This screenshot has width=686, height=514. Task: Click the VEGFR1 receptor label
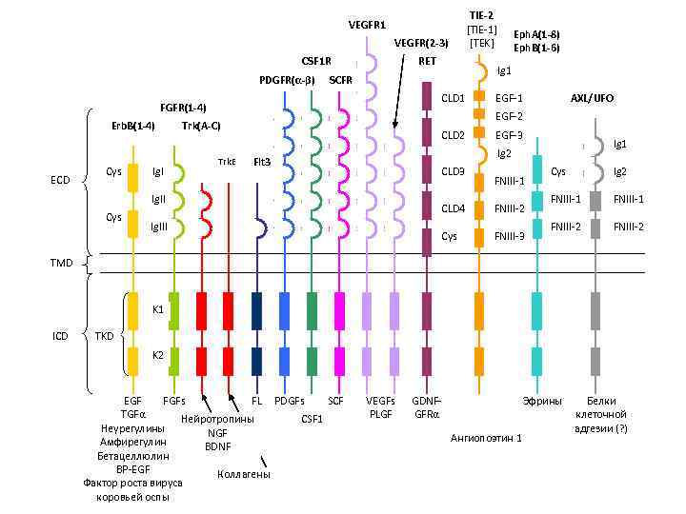click(367, 24)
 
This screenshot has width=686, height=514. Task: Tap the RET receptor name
click(427, 60)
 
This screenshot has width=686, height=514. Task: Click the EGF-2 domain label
click(510, 116)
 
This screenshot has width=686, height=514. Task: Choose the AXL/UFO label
click(592, 98)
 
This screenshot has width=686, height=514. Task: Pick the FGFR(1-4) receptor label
click(184, 107)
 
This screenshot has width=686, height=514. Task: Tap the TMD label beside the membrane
click(61, 263)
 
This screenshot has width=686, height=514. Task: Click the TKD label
click(105, 335)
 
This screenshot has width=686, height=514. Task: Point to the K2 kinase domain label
click(158, 355)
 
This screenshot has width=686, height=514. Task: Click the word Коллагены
click(244, 473)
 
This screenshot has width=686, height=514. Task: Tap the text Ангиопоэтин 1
click(486, 439)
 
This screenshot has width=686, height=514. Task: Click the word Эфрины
click(544, 402)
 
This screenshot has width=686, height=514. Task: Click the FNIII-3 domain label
click(510, 235)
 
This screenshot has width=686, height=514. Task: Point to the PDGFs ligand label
click(290, 402)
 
